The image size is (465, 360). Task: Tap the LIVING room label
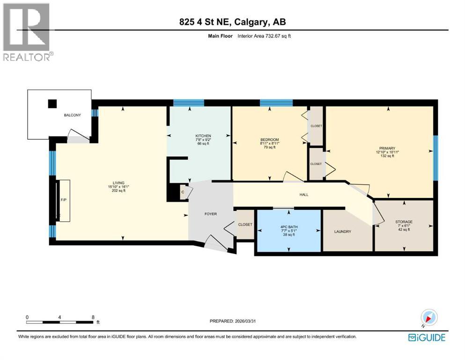(x=118, y=183)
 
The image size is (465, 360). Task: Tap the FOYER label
(x=211, y=214)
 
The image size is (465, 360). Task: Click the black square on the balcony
(x=52, y=104)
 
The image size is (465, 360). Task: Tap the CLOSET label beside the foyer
(x=245, y=225)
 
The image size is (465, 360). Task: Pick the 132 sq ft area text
(x=386, y=156)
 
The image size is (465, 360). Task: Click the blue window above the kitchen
(x=189, y=103)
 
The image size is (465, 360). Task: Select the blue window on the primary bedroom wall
(x=435, y=158)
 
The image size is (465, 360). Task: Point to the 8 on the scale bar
(x=93, y=317)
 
